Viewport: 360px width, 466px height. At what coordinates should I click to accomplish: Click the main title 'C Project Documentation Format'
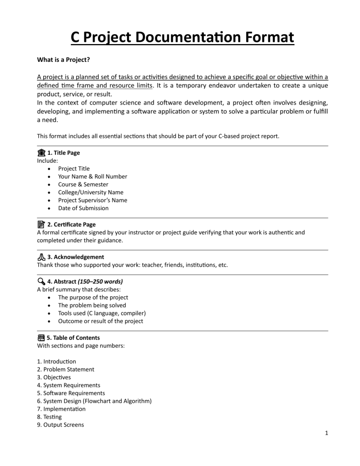(x=182, y=36)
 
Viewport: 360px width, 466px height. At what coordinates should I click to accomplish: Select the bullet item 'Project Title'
(x=74, y=168)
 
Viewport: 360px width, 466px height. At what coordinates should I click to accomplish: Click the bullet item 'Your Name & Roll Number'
(x=92, y=176)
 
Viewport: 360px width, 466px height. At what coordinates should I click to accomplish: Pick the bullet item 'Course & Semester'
(x=83, y=184)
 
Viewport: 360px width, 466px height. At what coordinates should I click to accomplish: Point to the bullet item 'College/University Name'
(x=90, y=192)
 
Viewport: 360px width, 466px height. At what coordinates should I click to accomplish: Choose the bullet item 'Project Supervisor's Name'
(x=92, y=200)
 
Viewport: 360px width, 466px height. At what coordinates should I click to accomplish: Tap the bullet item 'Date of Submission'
(x=83, y=208)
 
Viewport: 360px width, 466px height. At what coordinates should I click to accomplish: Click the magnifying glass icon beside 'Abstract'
(x=41, y=281)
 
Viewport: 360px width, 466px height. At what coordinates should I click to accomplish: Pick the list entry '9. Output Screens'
(x=60, y=425)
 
